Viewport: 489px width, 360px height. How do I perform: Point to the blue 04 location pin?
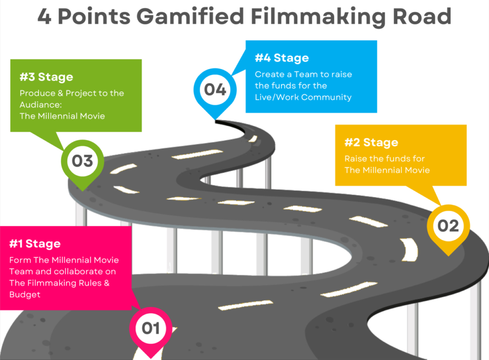coord(215,92)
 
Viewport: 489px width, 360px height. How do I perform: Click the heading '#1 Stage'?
coord(35,244)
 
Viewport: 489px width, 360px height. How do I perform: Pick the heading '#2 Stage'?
coord(371,142)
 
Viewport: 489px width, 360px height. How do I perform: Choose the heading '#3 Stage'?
coord(46,77)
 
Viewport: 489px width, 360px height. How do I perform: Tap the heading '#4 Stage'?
coord(282,58)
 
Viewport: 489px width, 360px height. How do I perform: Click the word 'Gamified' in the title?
coord(190,16)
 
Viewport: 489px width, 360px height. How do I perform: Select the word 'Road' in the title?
coord(422,16)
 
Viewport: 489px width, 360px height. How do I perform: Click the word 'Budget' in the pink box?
coord(25,294)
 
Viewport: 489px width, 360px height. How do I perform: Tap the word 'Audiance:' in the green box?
coord(40,104)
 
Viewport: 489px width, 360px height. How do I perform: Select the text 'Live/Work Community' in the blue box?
coord(303,97)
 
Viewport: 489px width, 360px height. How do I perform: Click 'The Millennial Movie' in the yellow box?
coord(387,170)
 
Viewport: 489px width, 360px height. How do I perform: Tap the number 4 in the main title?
coord(45,16)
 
